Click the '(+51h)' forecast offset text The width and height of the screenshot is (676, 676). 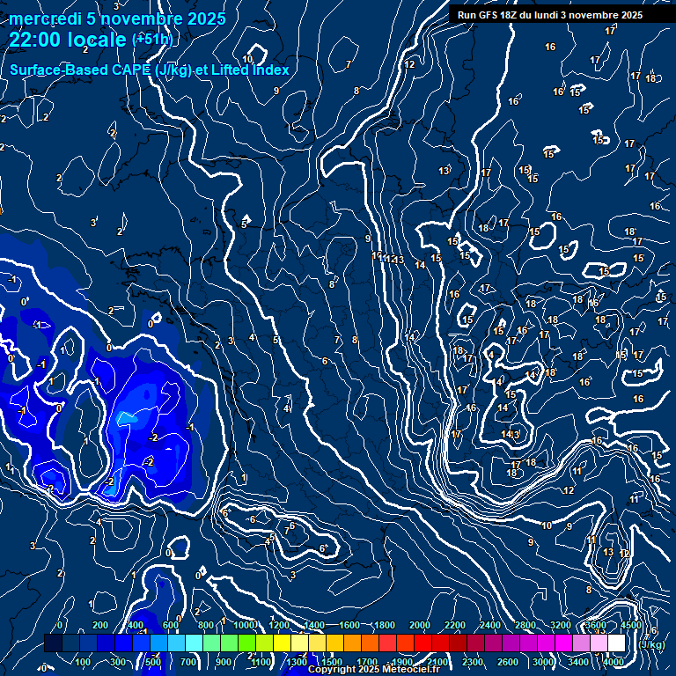coord(152,40)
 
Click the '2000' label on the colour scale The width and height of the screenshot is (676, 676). coord(420,625)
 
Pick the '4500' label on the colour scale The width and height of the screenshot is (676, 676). coord(631,625)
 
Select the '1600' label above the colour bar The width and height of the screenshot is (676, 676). coord(349,625)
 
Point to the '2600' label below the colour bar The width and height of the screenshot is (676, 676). coord(508,662)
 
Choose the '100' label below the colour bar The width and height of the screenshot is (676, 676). coord(83,662)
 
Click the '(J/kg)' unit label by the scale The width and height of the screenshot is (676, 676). coord(652,644)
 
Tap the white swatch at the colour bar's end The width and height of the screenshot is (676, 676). coord(616,643)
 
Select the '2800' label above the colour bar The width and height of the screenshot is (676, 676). coord(525,625)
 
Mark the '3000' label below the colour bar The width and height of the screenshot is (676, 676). coord(543,662)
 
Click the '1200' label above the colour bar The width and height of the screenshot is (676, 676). coord(279,625)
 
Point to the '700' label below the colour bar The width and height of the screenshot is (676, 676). coord(188,662)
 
